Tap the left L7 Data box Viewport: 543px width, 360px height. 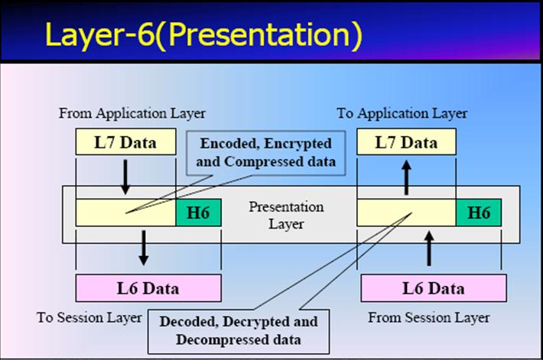(125, 142)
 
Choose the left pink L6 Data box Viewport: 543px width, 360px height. (148, 288)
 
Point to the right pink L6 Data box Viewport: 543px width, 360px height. (433, 288)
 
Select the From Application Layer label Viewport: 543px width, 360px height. (132, 113)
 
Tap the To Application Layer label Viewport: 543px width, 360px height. (402, 113)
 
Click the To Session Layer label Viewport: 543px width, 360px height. (89, 317)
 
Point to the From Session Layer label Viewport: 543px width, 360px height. (429, 317)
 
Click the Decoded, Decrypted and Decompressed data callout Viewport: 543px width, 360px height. (239, 329)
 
